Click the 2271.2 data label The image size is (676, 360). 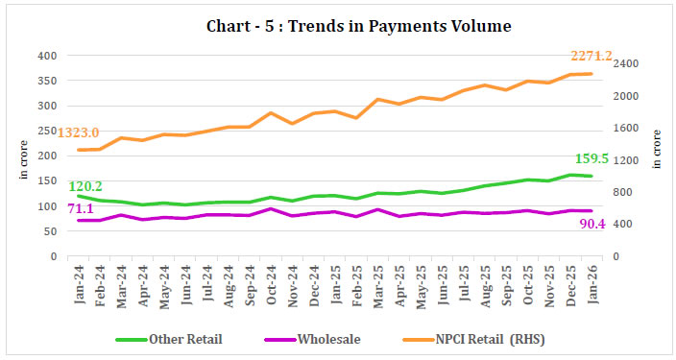(597, 56)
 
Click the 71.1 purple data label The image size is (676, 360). (80, 208)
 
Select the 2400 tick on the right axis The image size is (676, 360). (629, 63)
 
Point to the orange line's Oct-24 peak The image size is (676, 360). (271, 112)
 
